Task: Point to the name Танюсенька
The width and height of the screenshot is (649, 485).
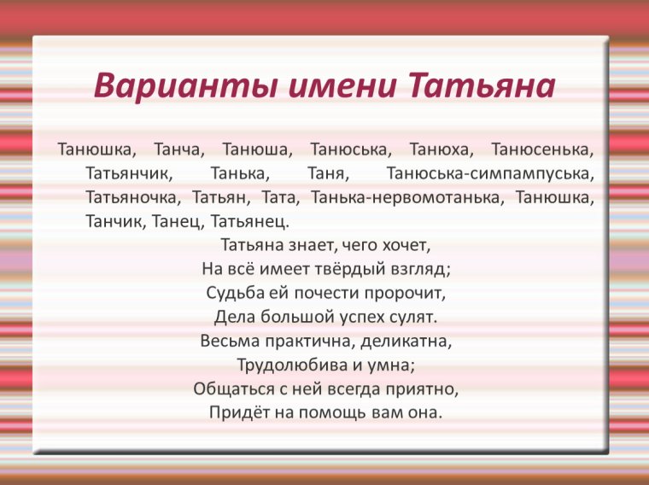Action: pos(542,149)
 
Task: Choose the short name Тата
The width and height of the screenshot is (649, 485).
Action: pos(282,197)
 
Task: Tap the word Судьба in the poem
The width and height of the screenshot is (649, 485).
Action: pos(233,293)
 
